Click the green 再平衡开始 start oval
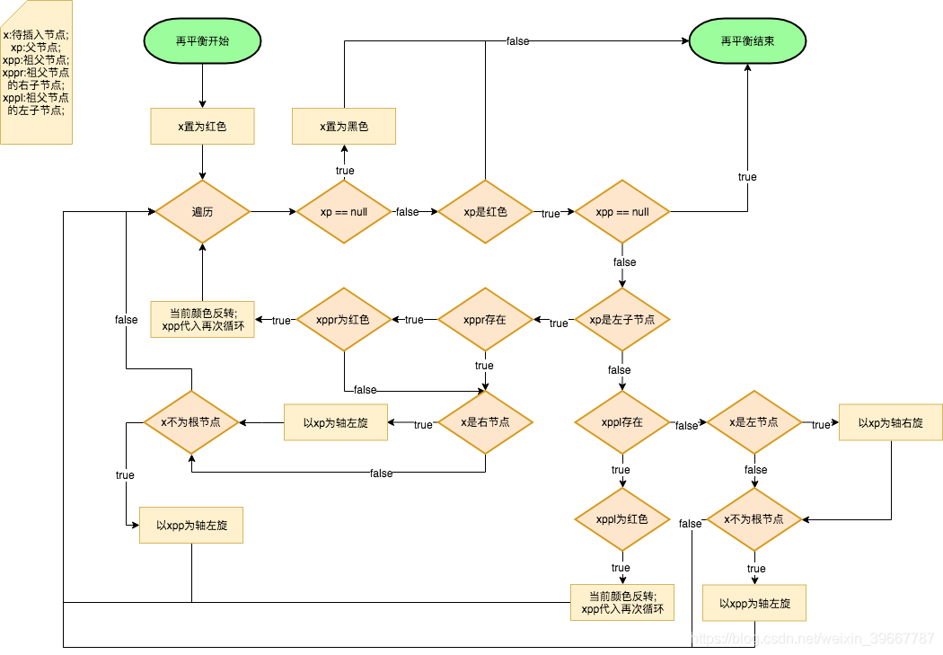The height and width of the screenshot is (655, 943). coord(202,41)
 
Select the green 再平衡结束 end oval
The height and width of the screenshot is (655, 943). coord(747,41)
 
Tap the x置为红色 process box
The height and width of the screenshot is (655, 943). coord(202,127)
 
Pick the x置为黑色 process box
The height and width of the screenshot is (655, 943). coord(344,127)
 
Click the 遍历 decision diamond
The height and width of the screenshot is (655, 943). coord(203,212)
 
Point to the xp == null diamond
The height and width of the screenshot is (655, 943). coord(344,212)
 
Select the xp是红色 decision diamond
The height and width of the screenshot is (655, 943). coord(485,212)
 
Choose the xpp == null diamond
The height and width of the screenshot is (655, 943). coord(622,212)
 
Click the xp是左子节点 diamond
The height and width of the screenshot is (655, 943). coord(622,319)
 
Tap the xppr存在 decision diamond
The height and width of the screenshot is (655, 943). coord(485,319)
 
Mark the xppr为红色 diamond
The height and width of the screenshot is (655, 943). coord(344,319)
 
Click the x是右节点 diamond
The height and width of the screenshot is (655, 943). coord(485,422)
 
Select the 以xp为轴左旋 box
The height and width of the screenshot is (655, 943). coord(336,422)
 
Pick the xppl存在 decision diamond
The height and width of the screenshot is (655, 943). coord(622,422)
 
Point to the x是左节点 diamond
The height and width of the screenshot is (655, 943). coord(754,422)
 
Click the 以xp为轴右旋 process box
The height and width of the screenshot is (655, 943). coord(891,422)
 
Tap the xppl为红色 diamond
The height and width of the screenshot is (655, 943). coord(622,519)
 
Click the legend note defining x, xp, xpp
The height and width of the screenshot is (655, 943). coord(36,72)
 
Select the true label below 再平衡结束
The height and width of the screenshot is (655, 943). coord(747,177)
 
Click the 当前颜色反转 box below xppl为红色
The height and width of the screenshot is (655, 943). coord(622,602)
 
